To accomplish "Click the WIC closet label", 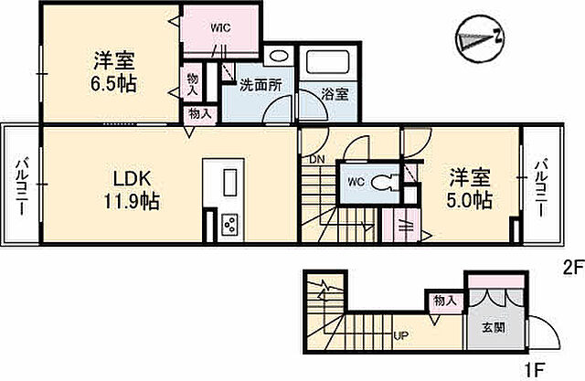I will coord(220,26).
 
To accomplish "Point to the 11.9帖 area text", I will coord(127,201).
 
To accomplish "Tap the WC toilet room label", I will coord(356,181).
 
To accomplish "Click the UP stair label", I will coord(400,336).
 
